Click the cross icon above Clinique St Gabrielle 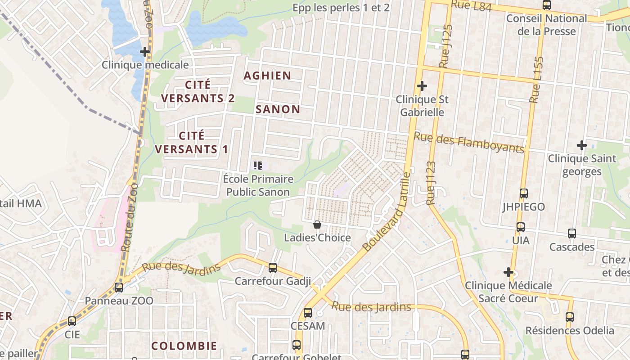(x=422, y=85)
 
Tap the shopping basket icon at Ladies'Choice (x=317, y=225)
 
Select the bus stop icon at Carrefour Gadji (x=273, y=268)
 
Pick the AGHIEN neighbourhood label (x=267, y=76)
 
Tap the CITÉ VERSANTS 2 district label (x=198, y=91)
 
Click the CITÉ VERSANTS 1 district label (x=192, y=142)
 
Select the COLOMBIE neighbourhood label (x=184, y=346)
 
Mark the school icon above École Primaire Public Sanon (x=258, y=165)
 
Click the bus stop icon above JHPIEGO (x=524, y=193)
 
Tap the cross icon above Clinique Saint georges (x=582, y=145)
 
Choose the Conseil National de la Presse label (x=546, y=25)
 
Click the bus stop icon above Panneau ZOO (x=119, y=287)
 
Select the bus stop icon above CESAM (x=308, y=312)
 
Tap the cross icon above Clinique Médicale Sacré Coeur (x=508, y=272)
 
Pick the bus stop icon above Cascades (x=572, y=234)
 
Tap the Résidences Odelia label (x=570, y=330)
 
